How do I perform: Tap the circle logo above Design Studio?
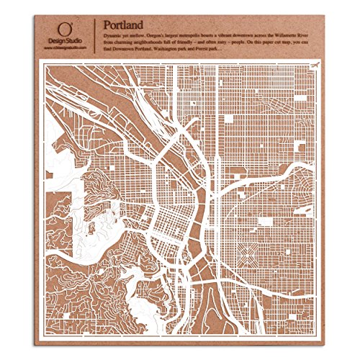(x=66, y=27)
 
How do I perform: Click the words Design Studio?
(x=66, y=41)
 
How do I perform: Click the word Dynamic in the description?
(x=115, y=26)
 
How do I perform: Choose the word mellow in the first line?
(x=148, y=26)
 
